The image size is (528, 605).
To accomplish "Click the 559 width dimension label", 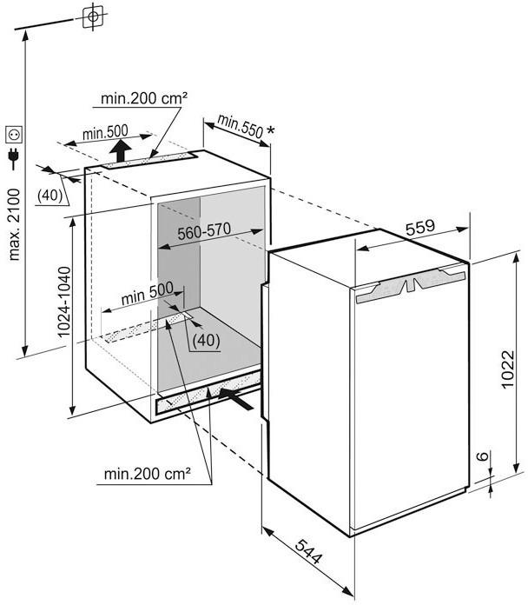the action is pos(419,227).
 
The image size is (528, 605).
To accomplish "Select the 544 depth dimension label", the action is pos(308,551).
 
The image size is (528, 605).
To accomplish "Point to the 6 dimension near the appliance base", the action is pos(482,456).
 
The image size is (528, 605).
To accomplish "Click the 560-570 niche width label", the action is pos(204,230).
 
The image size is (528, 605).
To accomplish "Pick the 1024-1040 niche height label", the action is pos(64,302).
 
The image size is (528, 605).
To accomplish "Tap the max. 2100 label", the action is pos(14,224).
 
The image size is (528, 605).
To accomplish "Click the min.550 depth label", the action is pos(240,125).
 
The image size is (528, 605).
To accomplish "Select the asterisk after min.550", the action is pos(271,130).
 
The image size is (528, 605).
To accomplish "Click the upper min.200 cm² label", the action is pos(144,98).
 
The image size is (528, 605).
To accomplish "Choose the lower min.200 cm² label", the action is pos(148,473).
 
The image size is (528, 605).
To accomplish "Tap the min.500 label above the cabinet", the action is pos(105,132).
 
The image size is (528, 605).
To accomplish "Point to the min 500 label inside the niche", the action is pos(148,292).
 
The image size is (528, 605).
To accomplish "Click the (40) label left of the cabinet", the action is pos(49,196).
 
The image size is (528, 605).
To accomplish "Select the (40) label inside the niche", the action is pos(206,341).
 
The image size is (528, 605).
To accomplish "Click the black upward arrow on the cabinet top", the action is pos(121,151).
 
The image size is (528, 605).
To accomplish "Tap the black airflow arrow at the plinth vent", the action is pos(236,399).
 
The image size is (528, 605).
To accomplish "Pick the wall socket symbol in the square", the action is pos(14,134).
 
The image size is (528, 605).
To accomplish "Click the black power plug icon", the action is pos(14,158).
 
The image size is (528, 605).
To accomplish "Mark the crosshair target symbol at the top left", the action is pos(93,17).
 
